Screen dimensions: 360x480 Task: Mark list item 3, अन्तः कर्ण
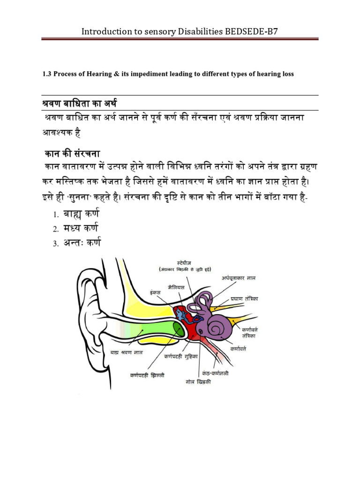click(84, 243)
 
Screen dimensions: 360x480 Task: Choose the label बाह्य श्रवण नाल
click(127, 352)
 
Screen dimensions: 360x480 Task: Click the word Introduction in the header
click(105, 32)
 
